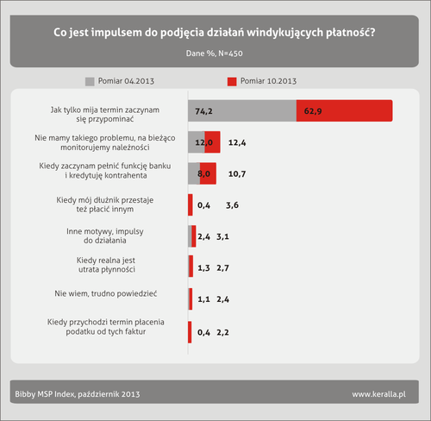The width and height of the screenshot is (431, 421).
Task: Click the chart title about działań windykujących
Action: [215, 33]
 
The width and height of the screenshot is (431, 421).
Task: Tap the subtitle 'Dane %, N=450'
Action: [215, 53]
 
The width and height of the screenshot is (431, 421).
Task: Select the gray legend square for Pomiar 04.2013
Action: [90, 82]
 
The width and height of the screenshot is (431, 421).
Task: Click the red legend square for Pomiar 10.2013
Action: [232, 82]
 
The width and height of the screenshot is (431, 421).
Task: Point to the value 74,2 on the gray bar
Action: [203, 111]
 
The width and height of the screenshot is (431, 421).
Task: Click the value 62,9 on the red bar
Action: [313, 111]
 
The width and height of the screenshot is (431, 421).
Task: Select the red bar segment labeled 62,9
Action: [344, 110]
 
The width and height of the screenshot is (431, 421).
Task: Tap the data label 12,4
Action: [237, 142]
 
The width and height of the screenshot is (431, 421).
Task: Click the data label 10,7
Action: [237, 174]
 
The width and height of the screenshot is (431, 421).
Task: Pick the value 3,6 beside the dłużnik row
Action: [232, 205]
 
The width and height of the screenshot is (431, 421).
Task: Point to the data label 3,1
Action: [222, 236]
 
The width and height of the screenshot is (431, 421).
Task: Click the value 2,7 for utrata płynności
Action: [222, 268]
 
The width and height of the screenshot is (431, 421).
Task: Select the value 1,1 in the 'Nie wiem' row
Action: [203, 299]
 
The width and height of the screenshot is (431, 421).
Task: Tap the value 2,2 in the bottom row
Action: [222, 332]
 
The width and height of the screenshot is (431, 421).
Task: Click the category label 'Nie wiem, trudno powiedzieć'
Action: [106, 294]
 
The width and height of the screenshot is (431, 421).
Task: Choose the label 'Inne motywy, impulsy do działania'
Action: [105, 236]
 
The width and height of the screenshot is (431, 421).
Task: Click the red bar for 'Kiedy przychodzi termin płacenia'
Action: [190, 332]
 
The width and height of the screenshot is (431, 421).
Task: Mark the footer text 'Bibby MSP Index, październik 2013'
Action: [78, 394]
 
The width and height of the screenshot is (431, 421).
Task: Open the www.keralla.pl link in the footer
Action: [379, 394]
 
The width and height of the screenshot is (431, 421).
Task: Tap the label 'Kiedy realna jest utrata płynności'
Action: [106, 265]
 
